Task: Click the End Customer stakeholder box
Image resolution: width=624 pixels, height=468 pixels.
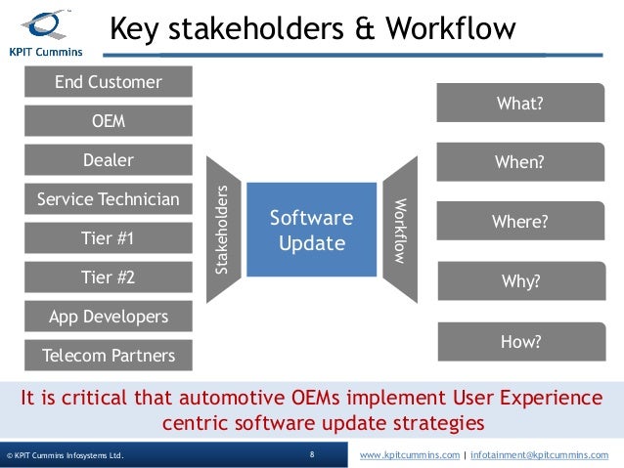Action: click(x=108, y=82)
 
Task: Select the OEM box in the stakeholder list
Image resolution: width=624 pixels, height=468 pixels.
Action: click(x=108, y=122)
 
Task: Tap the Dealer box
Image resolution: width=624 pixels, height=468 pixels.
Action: click(x=108, y=160)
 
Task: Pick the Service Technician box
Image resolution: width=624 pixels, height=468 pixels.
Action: click(x=108, y=199)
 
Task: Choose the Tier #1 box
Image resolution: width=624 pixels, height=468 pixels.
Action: click(x=108, y=238)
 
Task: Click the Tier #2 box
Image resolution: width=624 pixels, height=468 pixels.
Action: click(x=108, y=277)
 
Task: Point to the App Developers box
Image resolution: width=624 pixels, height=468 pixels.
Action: click(x=108, y=317)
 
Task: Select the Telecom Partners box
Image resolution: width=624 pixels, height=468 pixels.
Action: click(x=108, y=356)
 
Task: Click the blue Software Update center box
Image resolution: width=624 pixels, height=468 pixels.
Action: click(x=311, y=230)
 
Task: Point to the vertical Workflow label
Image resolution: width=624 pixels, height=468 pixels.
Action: click(x=399, y=230)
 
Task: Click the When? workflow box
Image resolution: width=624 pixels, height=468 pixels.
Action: click(x=519, y=163)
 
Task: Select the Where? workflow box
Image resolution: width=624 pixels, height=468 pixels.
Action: click(x=519, y=222)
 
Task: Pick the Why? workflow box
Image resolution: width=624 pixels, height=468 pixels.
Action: click(x=519, y=282)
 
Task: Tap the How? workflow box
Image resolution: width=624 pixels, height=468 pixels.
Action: click(x=519, y=341)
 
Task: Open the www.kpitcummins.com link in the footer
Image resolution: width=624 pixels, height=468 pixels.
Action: click(x=409, y=455)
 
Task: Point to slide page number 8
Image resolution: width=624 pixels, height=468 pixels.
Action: click(x=311, y=455)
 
